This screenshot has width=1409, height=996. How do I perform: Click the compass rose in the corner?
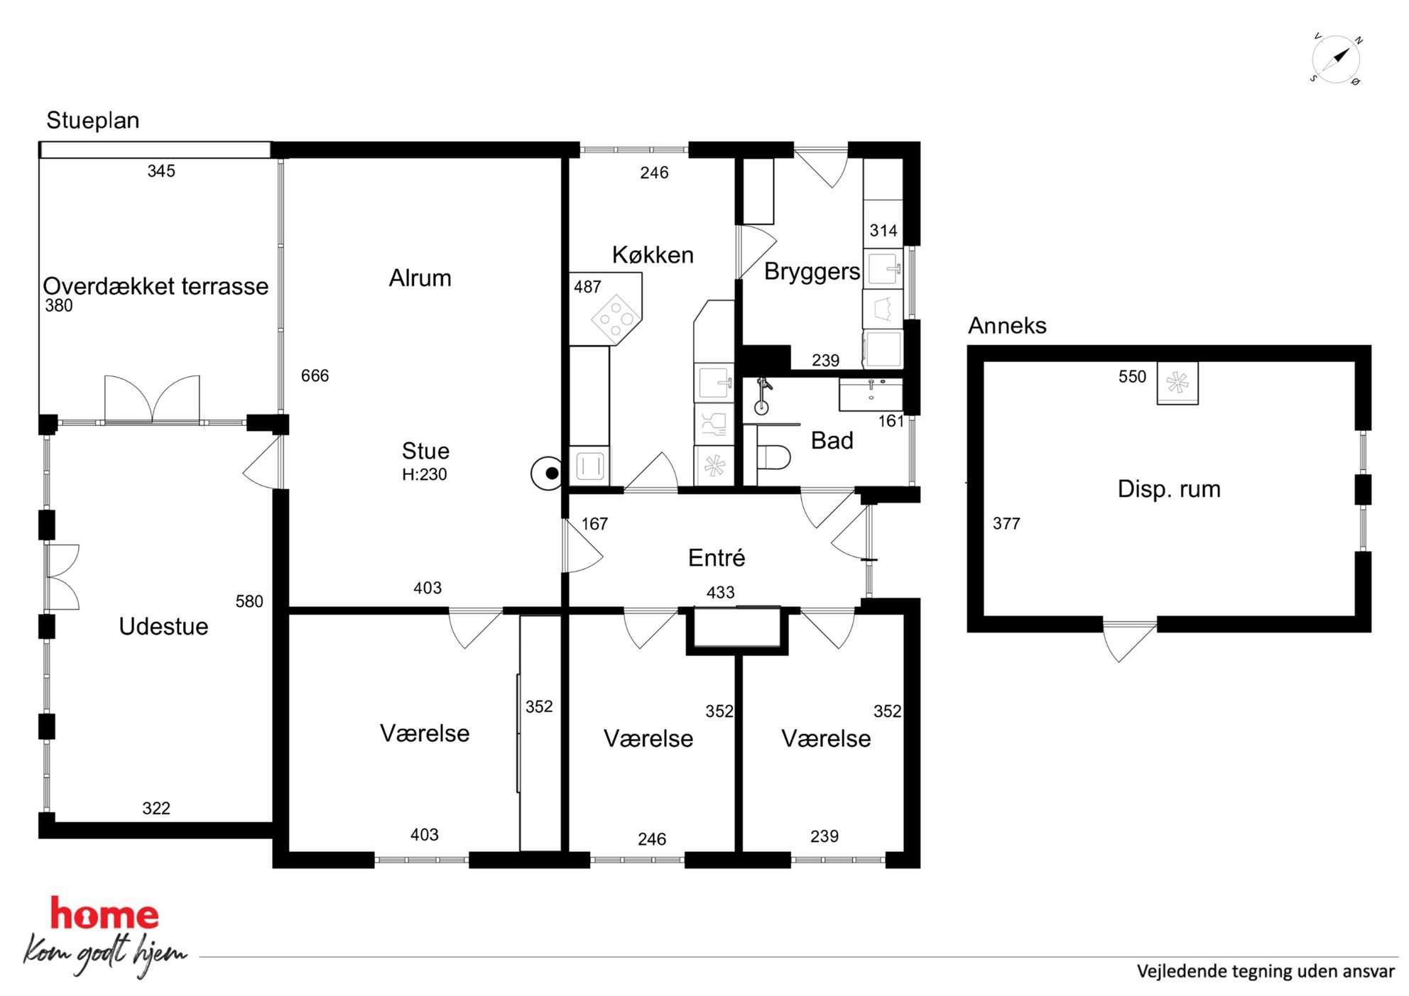(x=1336, y=59)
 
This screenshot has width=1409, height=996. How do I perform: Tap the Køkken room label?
(x=653, y=255)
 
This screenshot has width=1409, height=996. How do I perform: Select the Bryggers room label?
(x=812, y=272)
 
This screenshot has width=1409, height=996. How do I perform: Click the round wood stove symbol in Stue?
(x=548, y=473)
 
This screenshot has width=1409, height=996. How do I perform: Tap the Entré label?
(x=717, y=558)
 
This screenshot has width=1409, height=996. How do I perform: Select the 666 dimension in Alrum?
(x=315, y=376)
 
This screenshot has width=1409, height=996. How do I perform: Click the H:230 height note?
(x=425, y=474)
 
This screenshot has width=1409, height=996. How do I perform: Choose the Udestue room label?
(x=163, y=626)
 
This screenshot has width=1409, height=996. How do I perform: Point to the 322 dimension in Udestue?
(x=156, y=808)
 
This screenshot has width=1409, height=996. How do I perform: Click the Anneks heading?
(x=1007, y=325)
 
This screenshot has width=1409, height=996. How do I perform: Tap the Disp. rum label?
(x=1169, y=489)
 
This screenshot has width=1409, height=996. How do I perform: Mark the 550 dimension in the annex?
(x=1132, y=376)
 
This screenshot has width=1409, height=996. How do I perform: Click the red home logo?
(x=104, y=914)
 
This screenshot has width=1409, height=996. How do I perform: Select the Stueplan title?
(x=93, y=121)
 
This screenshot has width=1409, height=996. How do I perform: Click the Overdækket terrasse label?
(x=156, y=286)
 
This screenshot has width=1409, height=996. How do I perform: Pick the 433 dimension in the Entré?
(x=720, y=592)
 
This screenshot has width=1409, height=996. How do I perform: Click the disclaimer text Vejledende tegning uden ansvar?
(x=1266, y=971)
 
